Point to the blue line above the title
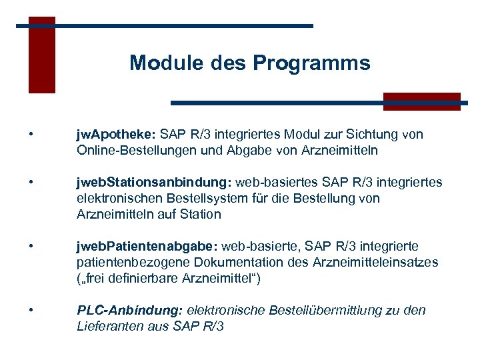(167, 26)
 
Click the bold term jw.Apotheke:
(116, 135)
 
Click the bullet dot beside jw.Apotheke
(31, 135)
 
